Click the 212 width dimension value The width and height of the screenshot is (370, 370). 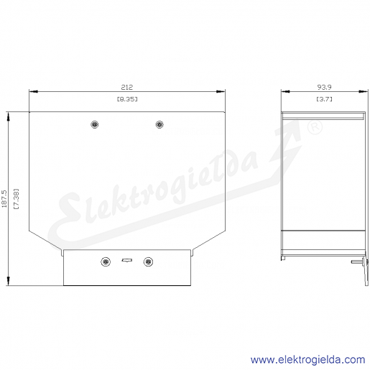pyautogui.click(x=126, y=87)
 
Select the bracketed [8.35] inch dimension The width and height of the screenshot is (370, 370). pyautogui.click(x=127, y=99)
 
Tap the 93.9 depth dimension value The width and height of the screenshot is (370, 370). pyautogui.click(x=324, y=87)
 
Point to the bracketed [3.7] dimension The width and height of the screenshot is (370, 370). pyautogui.click(x=324, y=99)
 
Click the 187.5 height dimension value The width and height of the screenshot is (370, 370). pyautogui.click(x=4, y=199)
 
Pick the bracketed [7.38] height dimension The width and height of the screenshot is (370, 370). pyautogui.click(x=17, y=199)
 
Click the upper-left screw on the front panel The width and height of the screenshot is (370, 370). pyautogui.click(x=95, y=124)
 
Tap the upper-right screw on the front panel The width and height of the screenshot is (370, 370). pyautogui.click(x=159, y=124)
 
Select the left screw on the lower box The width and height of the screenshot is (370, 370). pyautogui.click(x=106, y=262)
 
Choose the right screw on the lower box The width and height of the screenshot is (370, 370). pyautogui.click(x=148, y=262)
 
